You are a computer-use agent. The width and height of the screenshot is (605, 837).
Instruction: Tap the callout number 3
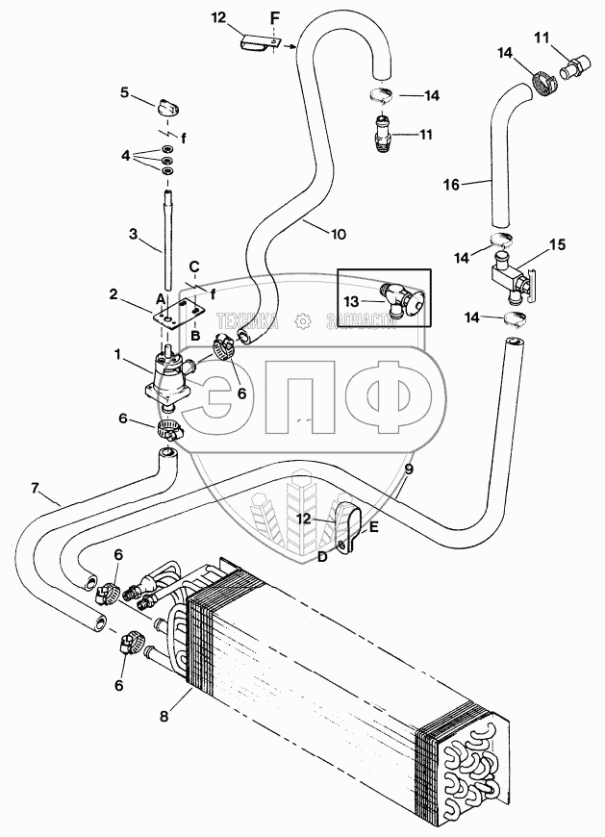pos(135,234)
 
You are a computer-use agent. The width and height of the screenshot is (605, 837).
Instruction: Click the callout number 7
pos(37,489)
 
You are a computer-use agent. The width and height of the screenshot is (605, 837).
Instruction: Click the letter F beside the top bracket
pos(276,18)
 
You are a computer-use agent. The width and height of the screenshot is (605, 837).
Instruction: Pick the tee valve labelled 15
pos(514,278)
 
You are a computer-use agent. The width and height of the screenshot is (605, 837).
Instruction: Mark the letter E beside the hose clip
pos(374,526)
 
